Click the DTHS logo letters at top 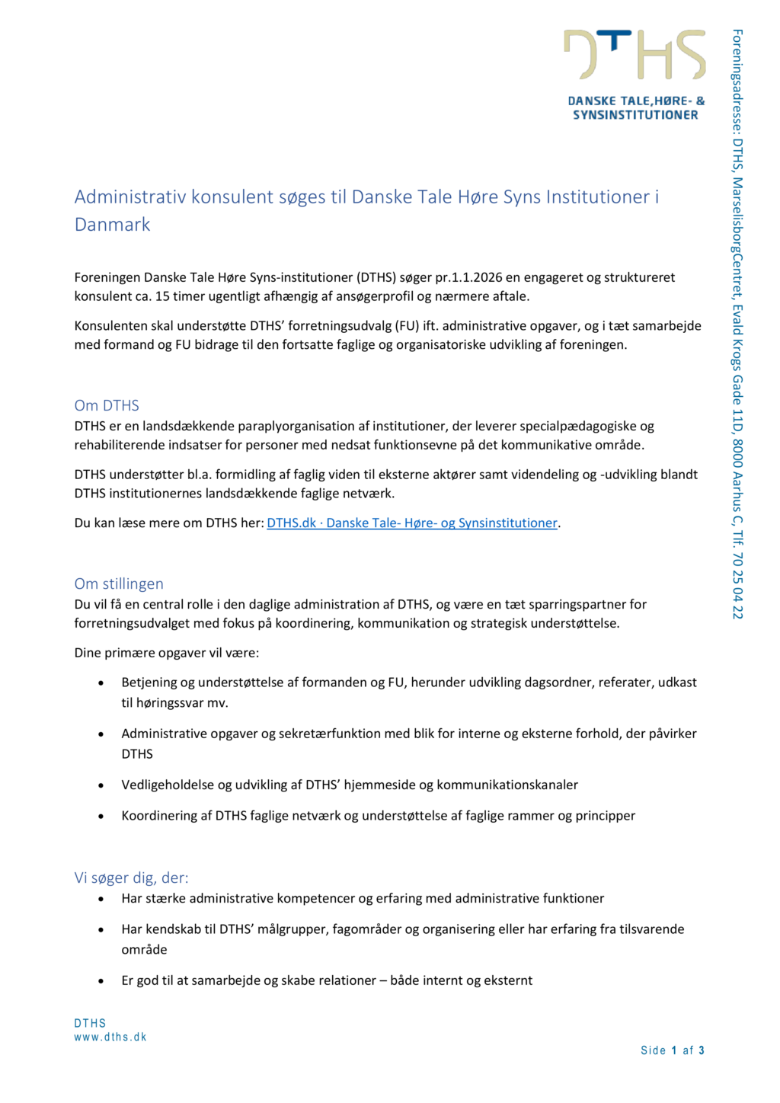click(x=635, y=55)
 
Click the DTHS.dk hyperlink click(x=411, y=523)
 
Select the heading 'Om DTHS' click(x=107, y=405)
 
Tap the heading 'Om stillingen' click(x=119, y=583)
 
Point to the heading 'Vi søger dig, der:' click(x=131, y=878)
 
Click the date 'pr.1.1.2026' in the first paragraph click(x=468, y=277)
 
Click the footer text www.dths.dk click(x=110, y=1037)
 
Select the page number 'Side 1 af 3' click(x=673, y=1050)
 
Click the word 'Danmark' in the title click(x=113, y=225)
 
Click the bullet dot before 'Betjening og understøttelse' click(x=101, y=683)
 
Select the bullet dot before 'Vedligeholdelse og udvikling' click(x=101, y=785)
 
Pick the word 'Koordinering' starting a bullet click(x=159, y=816)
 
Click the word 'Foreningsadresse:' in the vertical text click(x=737, y=81)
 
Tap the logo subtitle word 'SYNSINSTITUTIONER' click(x=635, y=115)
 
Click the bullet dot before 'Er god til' click(x=101, y=981)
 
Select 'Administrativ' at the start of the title click(x=130, y=197)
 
